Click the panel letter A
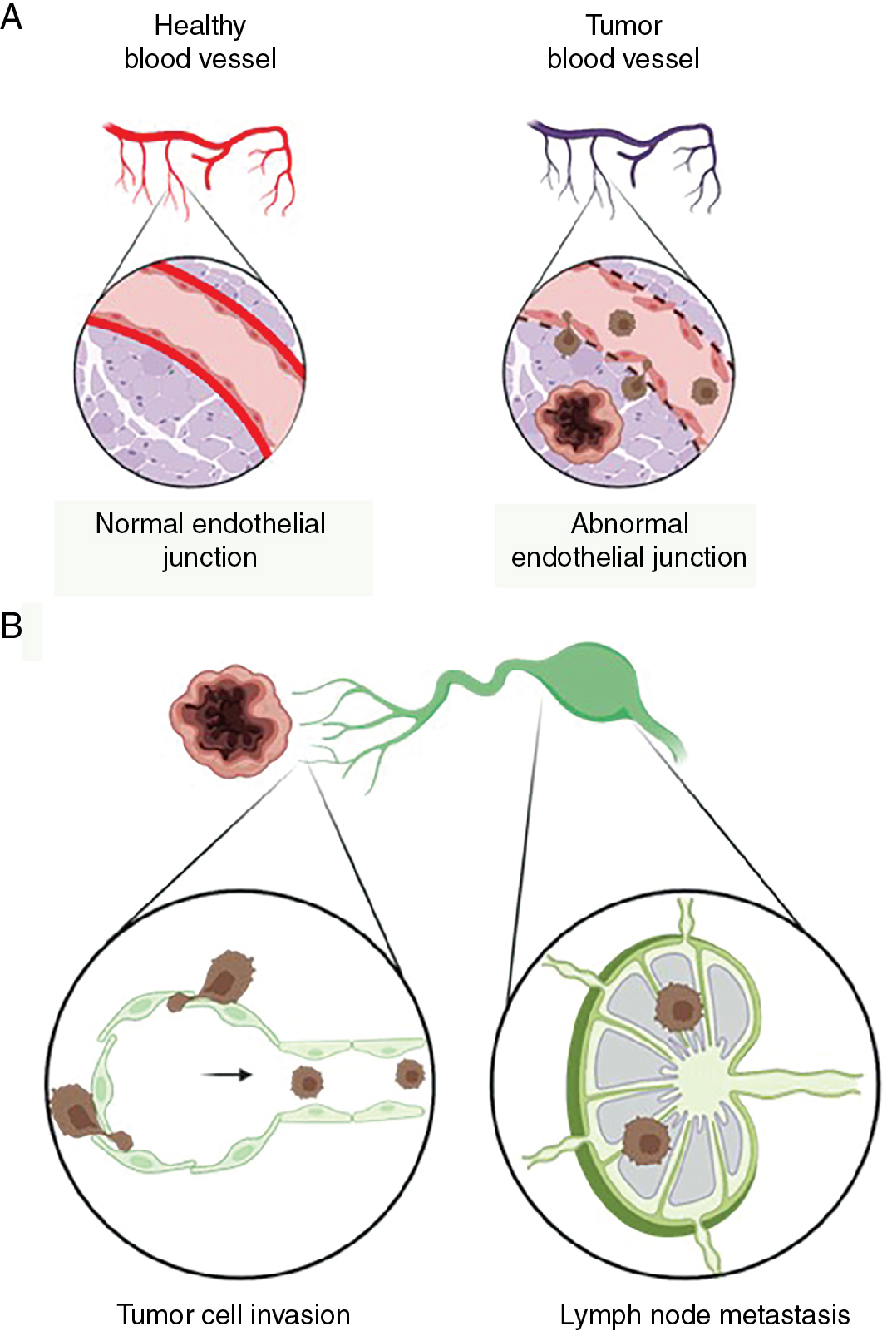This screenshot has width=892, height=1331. (12, 17)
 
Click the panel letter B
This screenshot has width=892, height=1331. (12, 626)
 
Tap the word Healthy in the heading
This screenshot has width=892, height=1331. (200, 26)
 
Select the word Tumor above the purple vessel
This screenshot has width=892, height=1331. (623, 26)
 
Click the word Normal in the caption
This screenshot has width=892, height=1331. (137, 523)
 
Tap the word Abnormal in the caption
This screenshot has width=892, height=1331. (629, 523)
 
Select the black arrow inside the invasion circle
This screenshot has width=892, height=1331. (226, 1075)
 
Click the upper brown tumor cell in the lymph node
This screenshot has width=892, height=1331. (679, 1007)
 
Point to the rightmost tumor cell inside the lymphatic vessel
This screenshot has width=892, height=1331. (409, 1074)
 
